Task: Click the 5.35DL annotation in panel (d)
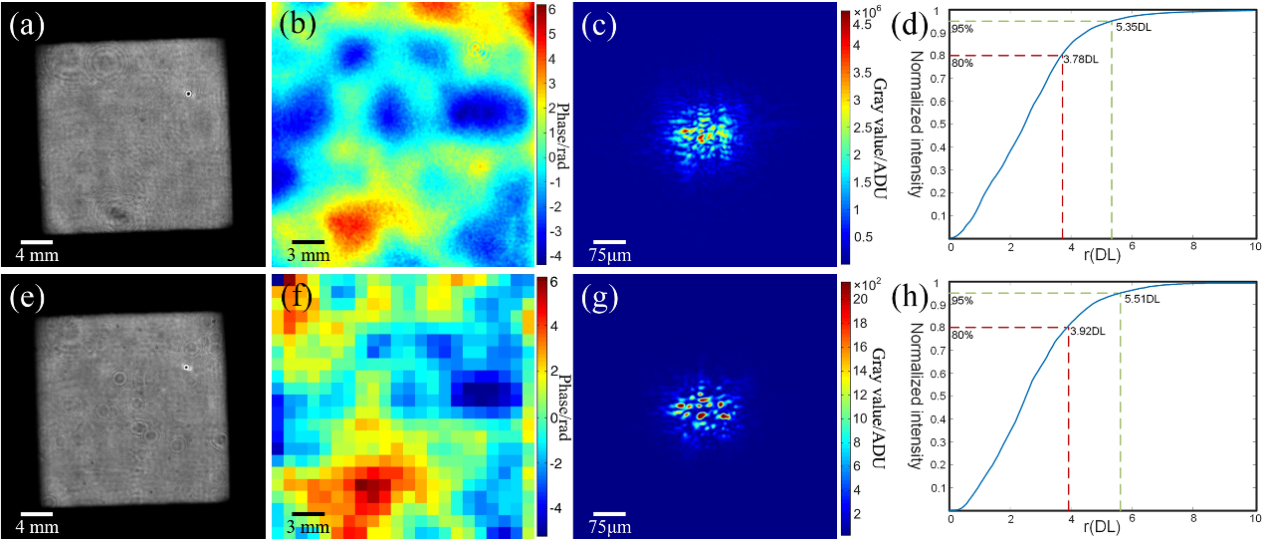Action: point(1134,29)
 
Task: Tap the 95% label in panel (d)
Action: point(960,29)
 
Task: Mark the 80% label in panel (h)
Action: point(960,336)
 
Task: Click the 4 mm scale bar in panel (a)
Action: point(36,240)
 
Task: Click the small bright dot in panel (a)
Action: point(189,94)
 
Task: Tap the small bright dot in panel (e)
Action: point(186,367)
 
